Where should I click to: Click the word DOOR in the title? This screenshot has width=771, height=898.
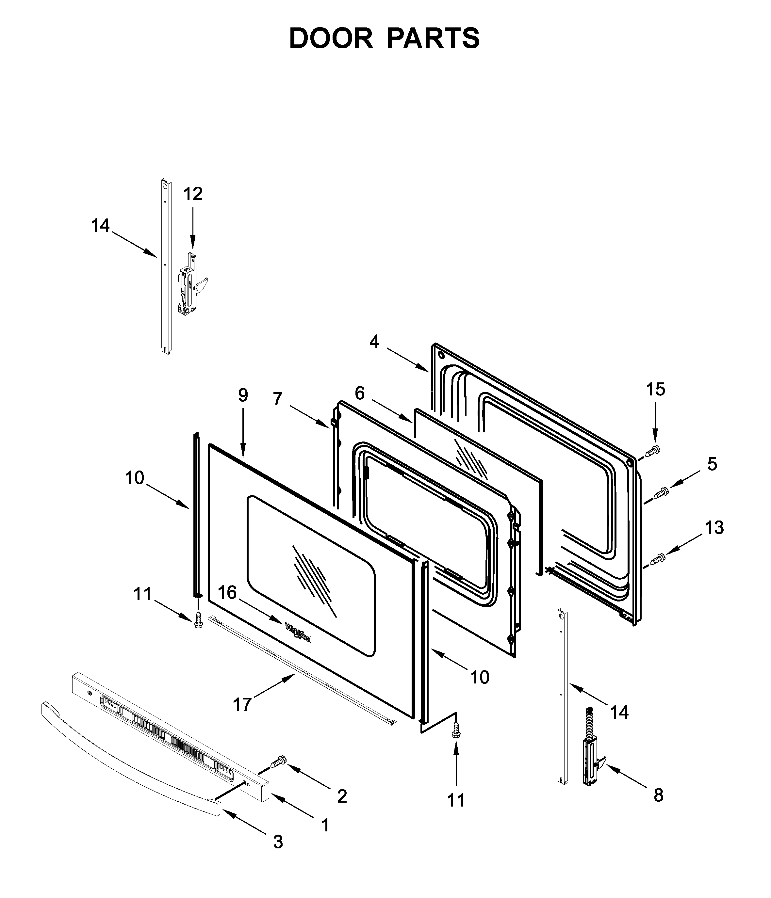(331, 39)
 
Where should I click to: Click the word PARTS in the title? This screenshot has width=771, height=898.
(433, 39)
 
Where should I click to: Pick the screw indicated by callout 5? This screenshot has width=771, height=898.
(661, 493)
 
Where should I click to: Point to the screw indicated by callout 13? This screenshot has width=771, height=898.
(657, 559)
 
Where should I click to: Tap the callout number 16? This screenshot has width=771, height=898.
(227, 592)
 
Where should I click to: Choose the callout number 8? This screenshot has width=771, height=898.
(658, 795)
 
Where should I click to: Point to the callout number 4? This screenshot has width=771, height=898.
(374, 342)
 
